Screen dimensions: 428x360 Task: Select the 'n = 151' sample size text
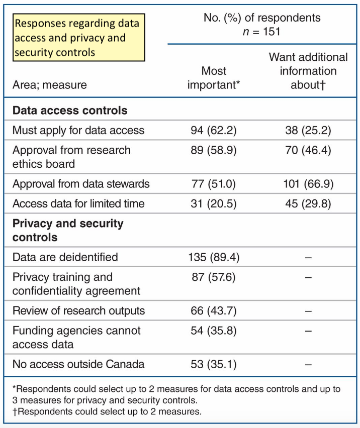point(261,31)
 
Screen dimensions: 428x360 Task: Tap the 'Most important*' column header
point(214,78)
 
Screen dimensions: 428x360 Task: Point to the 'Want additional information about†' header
point(308,71)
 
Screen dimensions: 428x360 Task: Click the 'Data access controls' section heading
point(70,111)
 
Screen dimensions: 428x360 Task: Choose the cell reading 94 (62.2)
point(214,130)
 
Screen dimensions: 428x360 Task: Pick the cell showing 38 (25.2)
point(308,130)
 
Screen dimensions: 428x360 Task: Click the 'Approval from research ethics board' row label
point(71,157)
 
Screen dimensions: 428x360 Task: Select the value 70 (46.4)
point(308,150)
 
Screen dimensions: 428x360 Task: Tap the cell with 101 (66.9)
point(308,183)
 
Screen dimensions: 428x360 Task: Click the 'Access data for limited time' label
point(78,203)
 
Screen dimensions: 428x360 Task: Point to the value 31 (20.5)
point(214,203)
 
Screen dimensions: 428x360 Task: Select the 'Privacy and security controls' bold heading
point(68,230)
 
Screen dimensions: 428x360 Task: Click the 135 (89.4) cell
point(214,257)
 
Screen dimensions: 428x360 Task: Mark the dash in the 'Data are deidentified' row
point(308,257)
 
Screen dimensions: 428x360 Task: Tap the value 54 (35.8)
point(214,331)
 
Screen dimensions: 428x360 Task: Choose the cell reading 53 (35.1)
point(214,364)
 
